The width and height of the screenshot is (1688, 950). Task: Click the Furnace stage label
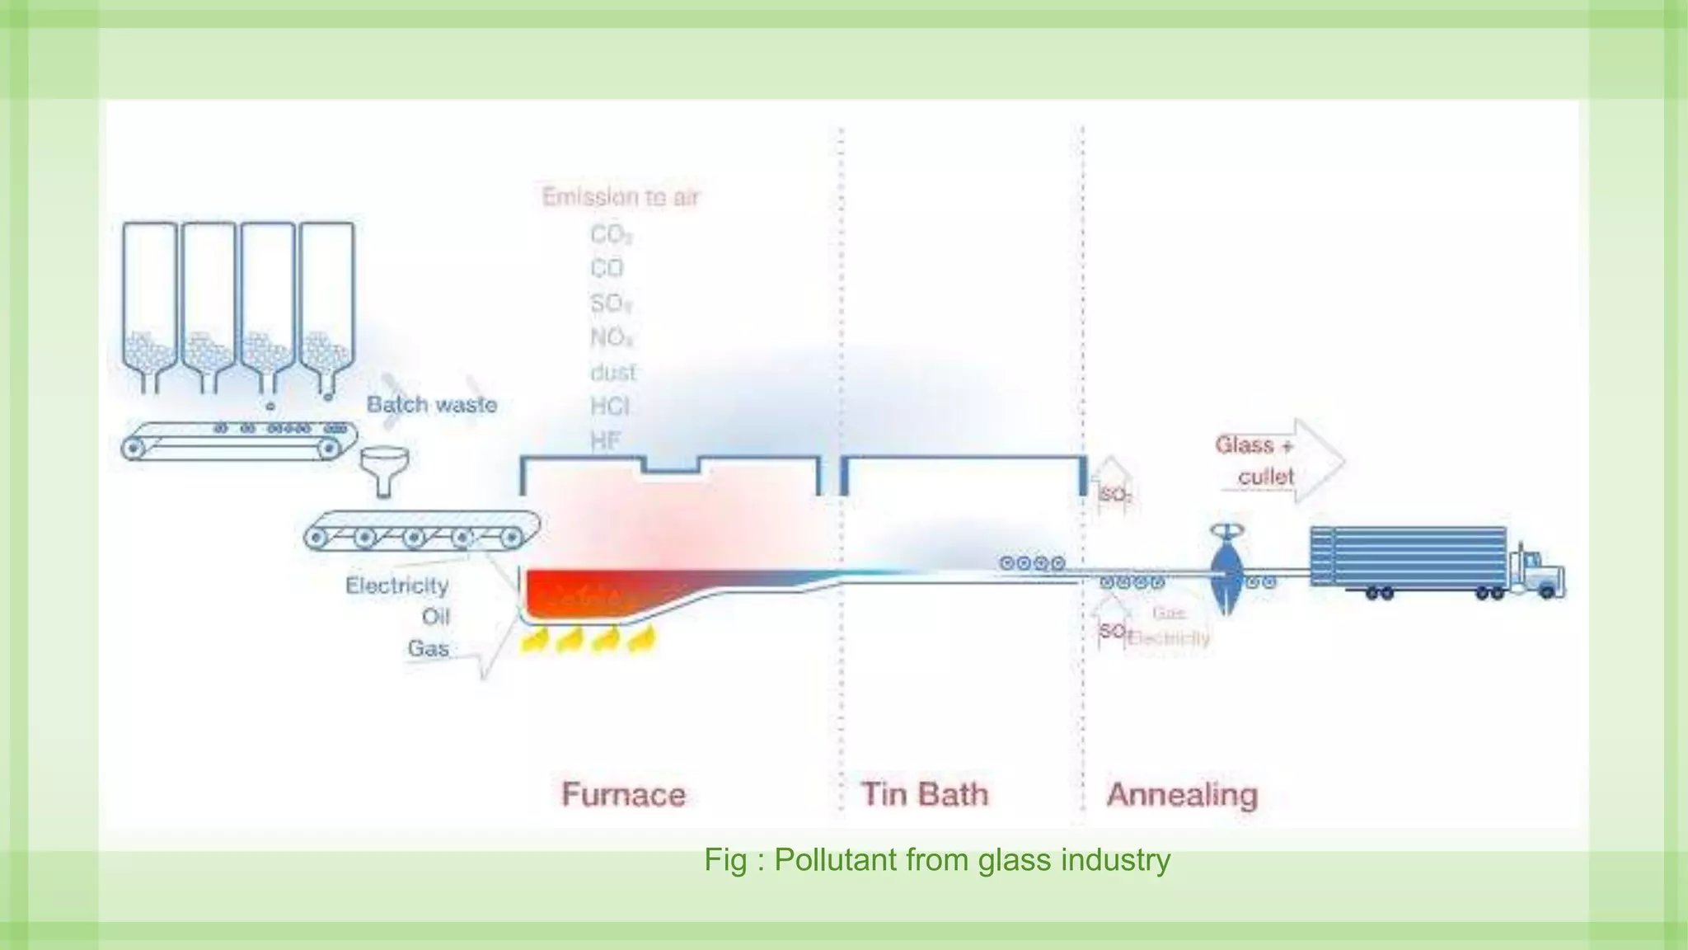tap(623, 794)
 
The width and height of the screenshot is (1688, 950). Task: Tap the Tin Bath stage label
tap(924, 794)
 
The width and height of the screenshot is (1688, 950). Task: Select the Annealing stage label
tap(1182, 794)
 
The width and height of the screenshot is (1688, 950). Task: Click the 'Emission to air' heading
tap(620, 197)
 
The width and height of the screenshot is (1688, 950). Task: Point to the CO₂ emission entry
tap(610, 235)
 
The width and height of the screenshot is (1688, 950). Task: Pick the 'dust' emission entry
tap(612, 373)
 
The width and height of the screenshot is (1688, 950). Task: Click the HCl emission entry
tap(610, 407)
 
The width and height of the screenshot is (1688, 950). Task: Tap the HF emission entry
tap(605, 441)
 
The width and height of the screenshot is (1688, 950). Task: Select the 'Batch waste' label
tap(432, 405)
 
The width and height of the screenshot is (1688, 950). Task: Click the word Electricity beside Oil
tap(396, 586)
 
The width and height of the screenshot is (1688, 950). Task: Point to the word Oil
tap(435, 617)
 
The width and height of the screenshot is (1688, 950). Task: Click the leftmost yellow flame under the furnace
tap(536, 639)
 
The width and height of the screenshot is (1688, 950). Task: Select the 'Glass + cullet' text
tap(1255, 461)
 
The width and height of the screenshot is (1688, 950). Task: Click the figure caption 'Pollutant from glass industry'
tap(936, 860)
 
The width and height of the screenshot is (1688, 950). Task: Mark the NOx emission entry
tap(611, 338)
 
